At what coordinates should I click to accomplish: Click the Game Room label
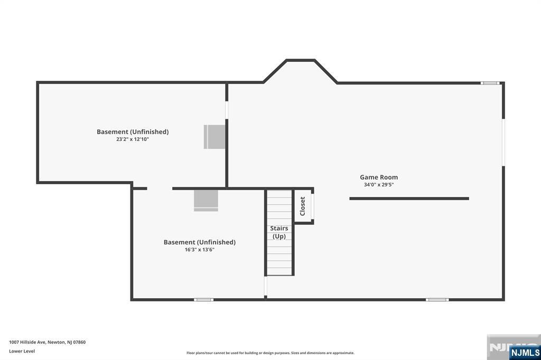[x=379, y=177]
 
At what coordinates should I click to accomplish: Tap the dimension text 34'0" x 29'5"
[x=379, y=185]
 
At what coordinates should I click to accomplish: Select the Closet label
[x=303, y=206]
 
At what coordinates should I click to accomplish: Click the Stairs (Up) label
[x=279, y=232]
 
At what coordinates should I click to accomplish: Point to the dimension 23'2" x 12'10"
[x=133, y=139]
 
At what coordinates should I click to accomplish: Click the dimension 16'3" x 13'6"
[x=199, y=250]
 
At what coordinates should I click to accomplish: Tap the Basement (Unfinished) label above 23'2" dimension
[x=133, y=132]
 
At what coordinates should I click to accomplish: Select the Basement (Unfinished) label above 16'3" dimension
[x=199, y=242]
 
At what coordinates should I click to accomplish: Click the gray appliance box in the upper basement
[x=214, y=137]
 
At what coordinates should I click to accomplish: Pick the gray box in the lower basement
[x=206, y=201]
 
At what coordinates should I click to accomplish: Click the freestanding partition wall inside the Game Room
[x=409, y=198]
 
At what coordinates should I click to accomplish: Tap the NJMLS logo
[x=525, y=352]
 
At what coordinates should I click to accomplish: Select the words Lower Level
[x=22, y=351]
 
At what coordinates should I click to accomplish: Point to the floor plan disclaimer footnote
[x=270, y=353]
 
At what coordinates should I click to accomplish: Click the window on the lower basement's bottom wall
[x=203, y=300]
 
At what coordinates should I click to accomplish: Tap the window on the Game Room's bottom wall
[x=437, y=300]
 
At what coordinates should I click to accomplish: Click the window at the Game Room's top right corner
[x=490, y=83]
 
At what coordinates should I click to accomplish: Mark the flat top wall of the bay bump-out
[x=301, y=60]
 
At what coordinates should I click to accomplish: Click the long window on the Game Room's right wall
[x=503, y=143]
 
